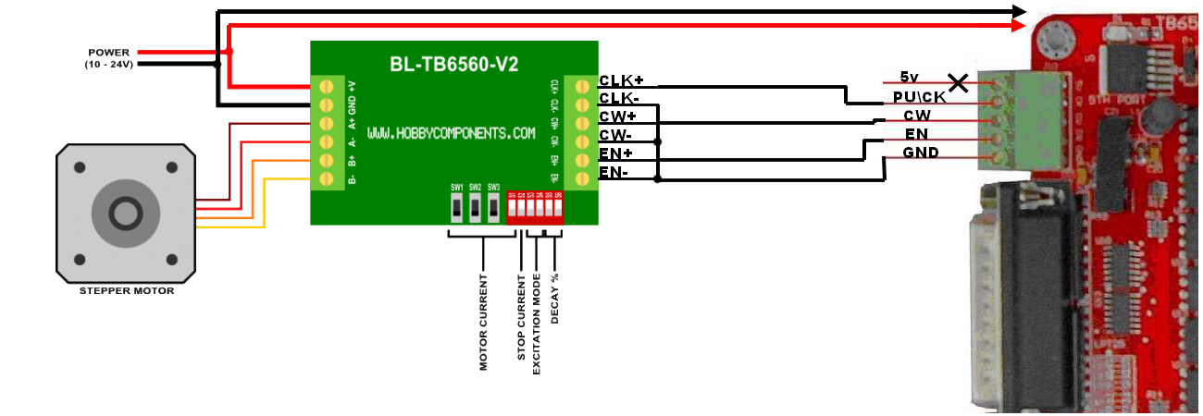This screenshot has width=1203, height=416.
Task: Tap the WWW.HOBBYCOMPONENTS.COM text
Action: coord(452,133)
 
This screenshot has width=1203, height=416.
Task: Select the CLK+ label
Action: coord(622,80)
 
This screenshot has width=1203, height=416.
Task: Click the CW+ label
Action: coord(617,116)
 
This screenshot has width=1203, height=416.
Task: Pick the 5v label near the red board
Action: coord(909,77)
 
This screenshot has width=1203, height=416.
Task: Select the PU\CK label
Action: coord(920,96)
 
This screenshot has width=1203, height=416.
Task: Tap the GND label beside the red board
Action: coord(921,153)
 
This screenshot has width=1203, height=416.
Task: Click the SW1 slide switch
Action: coord(457,210)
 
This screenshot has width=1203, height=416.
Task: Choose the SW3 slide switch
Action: coord(493,210)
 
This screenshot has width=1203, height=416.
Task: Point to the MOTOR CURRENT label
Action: coord(483,321)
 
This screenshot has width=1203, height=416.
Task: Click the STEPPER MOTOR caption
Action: coord(127,291)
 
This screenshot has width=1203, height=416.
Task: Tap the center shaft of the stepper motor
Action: coord(126,214)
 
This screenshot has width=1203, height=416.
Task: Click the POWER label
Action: coord(110,53)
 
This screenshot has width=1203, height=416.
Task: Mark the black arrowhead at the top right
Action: coord(1019,11)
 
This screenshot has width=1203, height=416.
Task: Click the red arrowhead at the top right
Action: coord(1019,28)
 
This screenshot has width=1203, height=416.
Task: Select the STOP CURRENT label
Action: coord(521,318)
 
